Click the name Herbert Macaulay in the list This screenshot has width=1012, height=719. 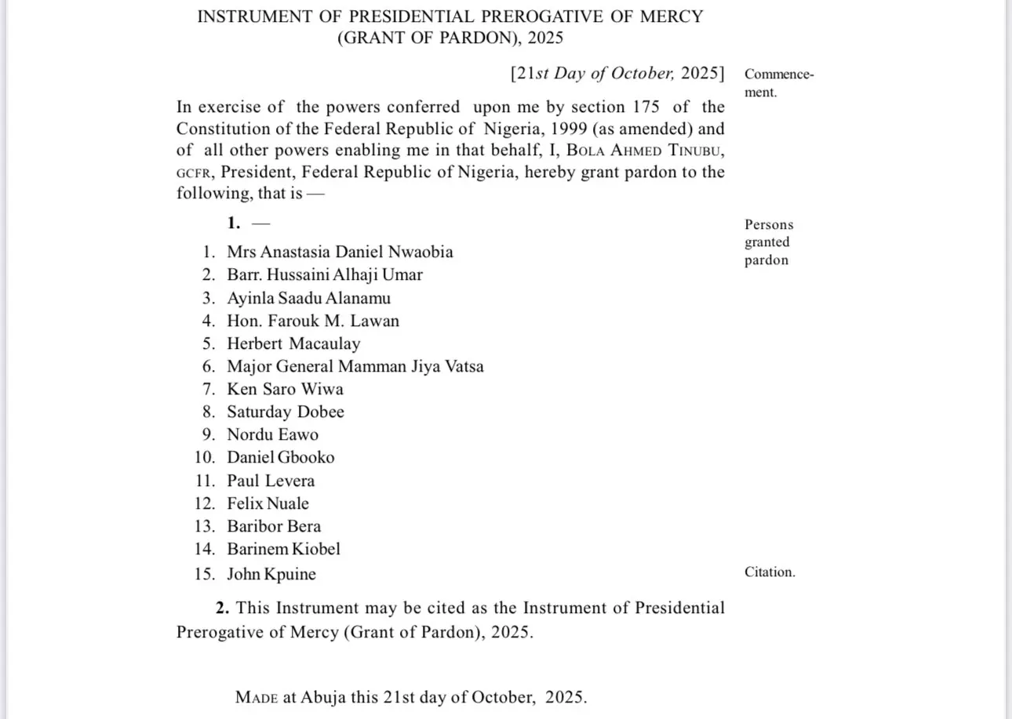pos(293,343)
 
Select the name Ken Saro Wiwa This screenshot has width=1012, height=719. pos(285,389)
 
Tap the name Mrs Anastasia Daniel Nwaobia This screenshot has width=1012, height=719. pos(340,252)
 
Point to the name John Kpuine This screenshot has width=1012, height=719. pos(271,574)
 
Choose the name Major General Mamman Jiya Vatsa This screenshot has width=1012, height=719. pos(355,366)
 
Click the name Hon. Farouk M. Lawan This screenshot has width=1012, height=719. pos(313,321)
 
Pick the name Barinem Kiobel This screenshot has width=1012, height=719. pos(283,549)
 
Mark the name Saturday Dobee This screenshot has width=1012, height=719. pos(286,412)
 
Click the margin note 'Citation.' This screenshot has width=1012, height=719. pos(770,572)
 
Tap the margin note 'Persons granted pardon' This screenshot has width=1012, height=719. pos(768,242)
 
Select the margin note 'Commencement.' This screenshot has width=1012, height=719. pos(778,83)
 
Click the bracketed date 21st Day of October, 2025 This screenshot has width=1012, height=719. pos(617,74)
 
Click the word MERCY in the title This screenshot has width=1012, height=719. pos(672,16)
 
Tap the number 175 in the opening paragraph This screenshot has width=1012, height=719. pos(641,107)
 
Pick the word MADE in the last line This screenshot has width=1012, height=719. pos(257,697)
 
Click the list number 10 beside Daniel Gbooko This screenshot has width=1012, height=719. pos(205,457)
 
